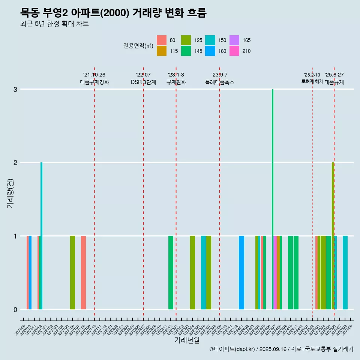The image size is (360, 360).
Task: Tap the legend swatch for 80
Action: pos(162,40)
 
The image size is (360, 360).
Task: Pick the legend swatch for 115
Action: pos(162,51)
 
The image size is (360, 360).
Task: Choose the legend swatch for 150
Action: pos(210,40)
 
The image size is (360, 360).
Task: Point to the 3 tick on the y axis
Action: pos(15,89)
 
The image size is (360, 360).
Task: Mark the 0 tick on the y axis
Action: pos(15,309)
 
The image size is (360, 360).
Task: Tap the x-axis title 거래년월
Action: pos(187,340)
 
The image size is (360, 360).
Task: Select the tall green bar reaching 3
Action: pos(273,199)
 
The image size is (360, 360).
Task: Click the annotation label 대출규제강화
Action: pos(94,82)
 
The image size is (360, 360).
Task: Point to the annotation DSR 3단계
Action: pos(143,82)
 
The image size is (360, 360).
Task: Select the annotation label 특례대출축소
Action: pos(220,82)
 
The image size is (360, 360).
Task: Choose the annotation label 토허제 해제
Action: pos(312,81)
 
